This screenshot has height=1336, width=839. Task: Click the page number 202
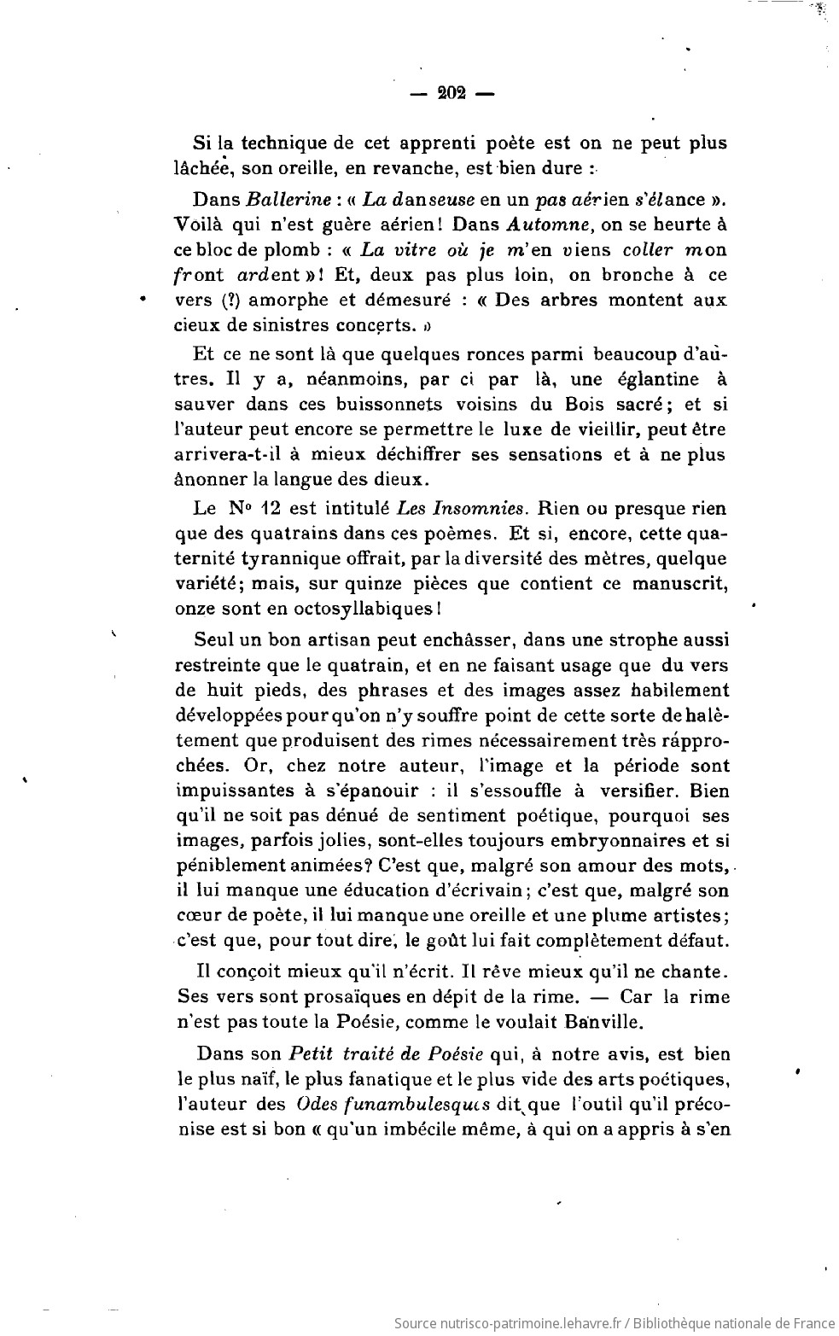coord(450,95)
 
